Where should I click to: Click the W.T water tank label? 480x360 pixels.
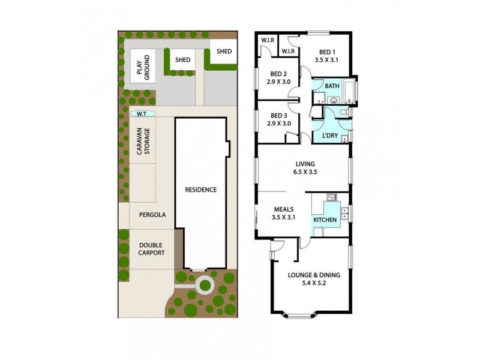pyautogui.click(x=142, y=113)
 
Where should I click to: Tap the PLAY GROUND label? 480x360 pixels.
pyautogui.click(x=142, y=66)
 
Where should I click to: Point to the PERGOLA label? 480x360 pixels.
pyautogui.click(x=152, y=214)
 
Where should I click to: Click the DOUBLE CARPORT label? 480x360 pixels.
pyautogui.click(x=151, y=248)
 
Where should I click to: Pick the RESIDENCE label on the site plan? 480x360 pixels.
pyautogui.click(x=200, y=190)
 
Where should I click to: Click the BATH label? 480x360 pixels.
pyautogui.click(x=332, y=86)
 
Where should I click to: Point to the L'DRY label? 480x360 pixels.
pyautogui.click(x=331, y=136)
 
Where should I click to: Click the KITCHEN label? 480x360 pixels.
pyautogui.click(x=325, y=220)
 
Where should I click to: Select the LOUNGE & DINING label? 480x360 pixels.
pyautogui.click(x=314, y=275)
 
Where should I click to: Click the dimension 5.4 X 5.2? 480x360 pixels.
pyautogui.click(x=314, y=284)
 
